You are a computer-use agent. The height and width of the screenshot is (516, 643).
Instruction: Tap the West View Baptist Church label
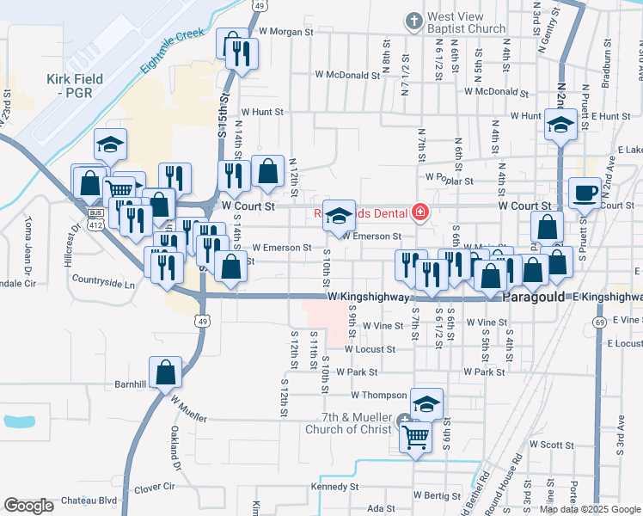pos(466,22)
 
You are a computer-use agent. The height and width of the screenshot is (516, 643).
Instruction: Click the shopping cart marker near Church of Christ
pos(415,436)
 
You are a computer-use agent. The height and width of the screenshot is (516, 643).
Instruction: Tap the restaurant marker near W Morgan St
pos(234,51)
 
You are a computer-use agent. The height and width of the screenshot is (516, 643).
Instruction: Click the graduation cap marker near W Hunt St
pos(560,125)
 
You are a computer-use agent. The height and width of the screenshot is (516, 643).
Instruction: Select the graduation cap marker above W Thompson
pos(426,402)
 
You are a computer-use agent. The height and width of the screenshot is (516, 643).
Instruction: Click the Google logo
pos(28,506)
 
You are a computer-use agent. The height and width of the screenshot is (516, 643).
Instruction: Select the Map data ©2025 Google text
pos(591,508)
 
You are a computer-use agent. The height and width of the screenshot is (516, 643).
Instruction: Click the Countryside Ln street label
pos(103,282)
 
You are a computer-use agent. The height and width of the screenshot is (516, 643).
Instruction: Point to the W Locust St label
pos(370,350)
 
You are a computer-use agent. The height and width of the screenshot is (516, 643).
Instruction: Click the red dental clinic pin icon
pos(420,212)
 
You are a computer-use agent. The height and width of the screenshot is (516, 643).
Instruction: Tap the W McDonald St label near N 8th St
pos(346,76)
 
